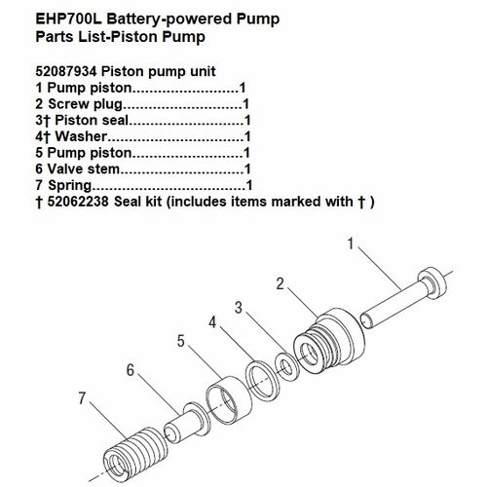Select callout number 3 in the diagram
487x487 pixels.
[x=238, y=307]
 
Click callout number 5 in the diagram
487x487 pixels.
[x=180, y=341]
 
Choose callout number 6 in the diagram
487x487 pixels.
[x=130, y=371]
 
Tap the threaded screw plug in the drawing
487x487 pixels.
[x=331, y=337]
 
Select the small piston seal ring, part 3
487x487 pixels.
[x=284, y=363]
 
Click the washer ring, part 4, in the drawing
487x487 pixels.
[x=260, y=377]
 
